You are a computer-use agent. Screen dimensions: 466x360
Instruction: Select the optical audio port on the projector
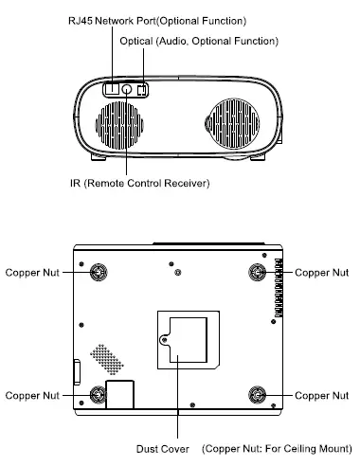[143, 90]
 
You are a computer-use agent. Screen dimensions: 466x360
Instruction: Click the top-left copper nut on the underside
[98, 273]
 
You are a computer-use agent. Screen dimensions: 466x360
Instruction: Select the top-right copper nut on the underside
[256, 273]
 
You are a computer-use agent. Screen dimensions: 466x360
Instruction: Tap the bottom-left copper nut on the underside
[98, 393]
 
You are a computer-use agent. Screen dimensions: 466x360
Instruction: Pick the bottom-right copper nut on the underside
[256, 393]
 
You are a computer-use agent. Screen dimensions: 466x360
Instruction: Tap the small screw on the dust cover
[165, 335]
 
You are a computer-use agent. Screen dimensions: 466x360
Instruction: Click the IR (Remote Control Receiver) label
[146, 182]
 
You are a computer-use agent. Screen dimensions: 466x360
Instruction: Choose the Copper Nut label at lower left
[33, 393]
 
